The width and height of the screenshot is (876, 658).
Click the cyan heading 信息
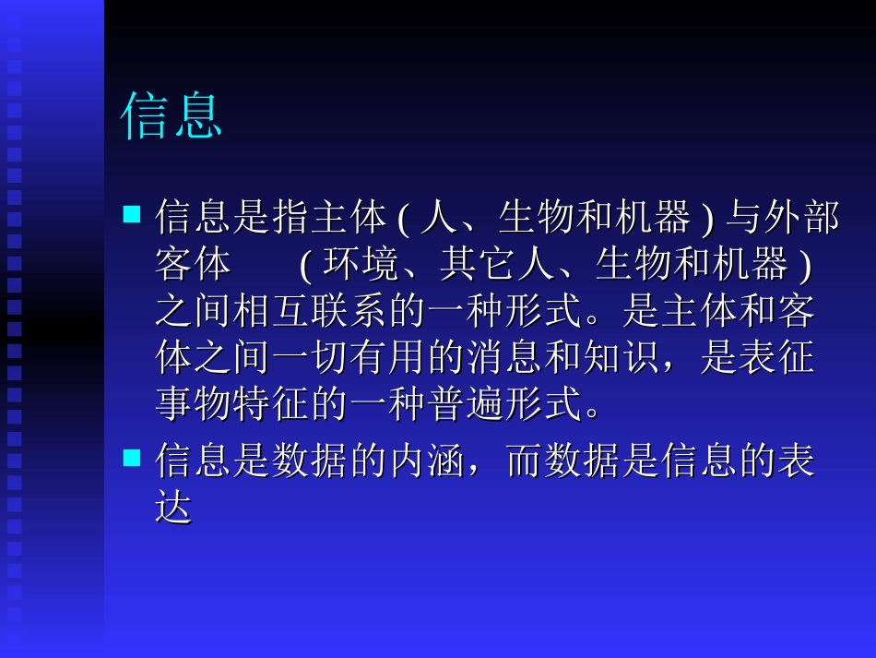click(x=172, y=115)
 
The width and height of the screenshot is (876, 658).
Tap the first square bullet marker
click(x=132, y=215)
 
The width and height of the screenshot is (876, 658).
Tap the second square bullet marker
click(x=132, y=457)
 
